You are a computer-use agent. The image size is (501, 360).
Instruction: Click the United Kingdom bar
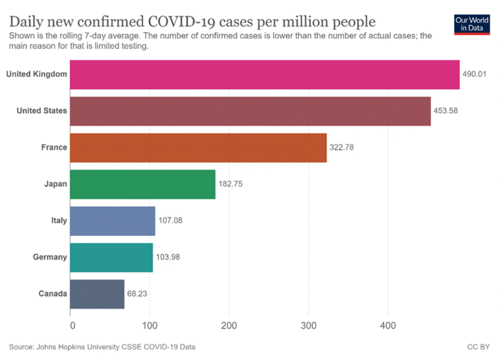[x=265, y=75]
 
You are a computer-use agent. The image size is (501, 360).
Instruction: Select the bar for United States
[x=250, y=111]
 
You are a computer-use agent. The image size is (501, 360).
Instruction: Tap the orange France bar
[x=198, y=148]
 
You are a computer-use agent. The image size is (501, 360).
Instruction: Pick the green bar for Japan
[x=142, y=185]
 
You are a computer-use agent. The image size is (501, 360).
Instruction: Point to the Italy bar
[x=112, y=221]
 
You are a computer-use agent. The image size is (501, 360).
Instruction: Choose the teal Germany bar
[x=111, y=258]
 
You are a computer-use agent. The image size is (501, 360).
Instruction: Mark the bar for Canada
[x=97, y=294]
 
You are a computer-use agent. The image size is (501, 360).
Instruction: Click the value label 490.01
[x=474, y=75]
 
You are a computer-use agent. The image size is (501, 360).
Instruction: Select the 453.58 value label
[x=445, y=111]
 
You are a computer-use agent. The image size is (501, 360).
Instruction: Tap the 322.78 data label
[x=342, y=148]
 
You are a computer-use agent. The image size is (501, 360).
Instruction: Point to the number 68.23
[x=138, y=294]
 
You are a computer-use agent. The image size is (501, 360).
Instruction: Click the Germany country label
[x=50, y=257]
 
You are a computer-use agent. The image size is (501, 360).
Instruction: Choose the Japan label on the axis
[x=56, y=184]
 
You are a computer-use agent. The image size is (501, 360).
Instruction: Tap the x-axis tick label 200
[x=229, y=326]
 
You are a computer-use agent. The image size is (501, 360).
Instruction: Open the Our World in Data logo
[x=471, y=24]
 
